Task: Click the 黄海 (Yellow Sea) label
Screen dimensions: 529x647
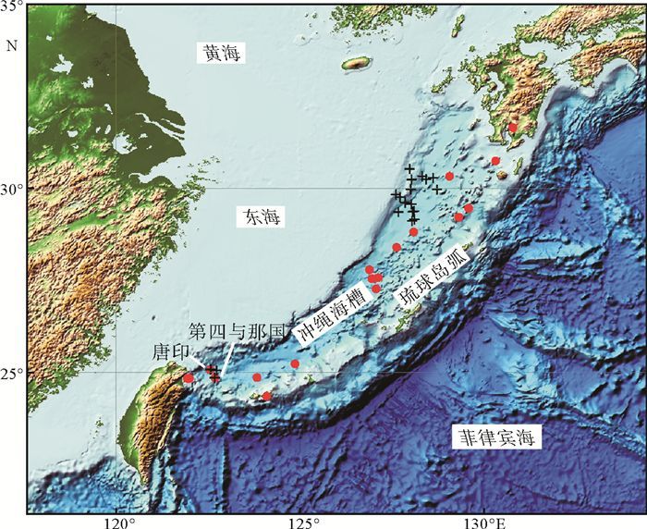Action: click(222, 54)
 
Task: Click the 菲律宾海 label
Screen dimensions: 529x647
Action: click(495, 437)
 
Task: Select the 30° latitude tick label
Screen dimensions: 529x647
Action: click(12, 189)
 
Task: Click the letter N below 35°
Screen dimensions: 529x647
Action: click(12, 43)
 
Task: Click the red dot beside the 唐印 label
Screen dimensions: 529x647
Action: click(189, 378)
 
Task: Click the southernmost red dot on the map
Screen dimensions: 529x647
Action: click(267, 396)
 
